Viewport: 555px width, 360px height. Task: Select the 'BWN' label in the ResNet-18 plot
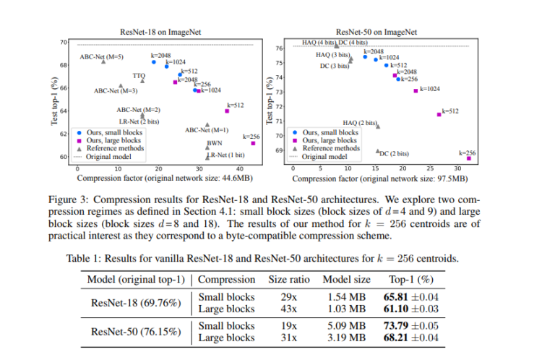(215, 143)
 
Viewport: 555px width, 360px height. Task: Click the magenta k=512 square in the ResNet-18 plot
(227, 111)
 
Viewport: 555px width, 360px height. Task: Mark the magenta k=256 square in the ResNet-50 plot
(469, 158)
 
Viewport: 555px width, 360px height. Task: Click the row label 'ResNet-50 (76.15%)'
(134, 332)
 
